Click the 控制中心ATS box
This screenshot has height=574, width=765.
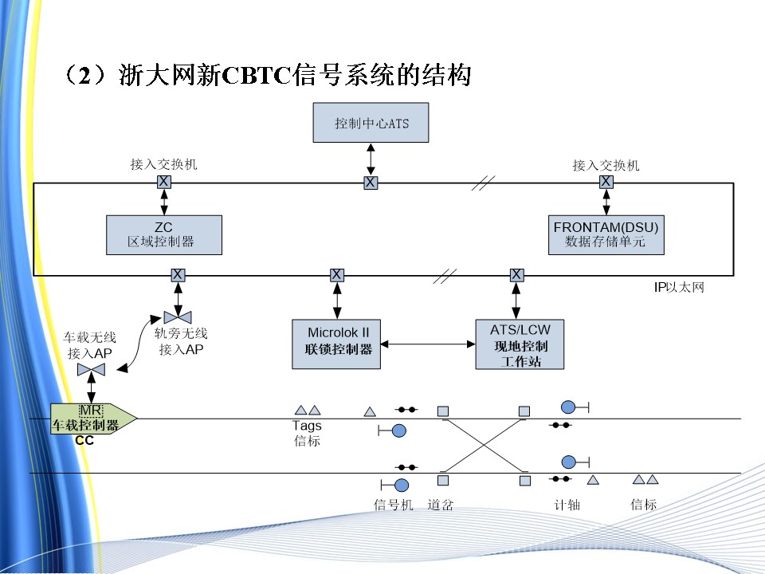click(371, 124)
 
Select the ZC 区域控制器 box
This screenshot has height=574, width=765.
click(163, 234)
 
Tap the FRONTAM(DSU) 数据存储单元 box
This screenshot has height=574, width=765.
click(606, 234)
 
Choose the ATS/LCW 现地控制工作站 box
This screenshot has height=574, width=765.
click(520, 344)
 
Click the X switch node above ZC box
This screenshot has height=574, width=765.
click(163, 182)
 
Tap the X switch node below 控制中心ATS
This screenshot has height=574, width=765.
click(371, 183)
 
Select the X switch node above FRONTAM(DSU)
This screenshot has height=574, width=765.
click(606, 182)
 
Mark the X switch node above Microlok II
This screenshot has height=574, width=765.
click(337, 275)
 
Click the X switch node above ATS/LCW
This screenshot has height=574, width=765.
click(517, 275)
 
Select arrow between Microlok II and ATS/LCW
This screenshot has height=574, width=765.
click(428, 344)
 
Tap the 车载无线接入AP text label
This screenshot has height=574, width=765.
click(90, 345)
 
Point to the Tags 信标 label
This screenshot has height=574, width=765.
click(307, 433)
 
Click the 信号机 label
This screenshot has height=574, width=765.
click(394, 505)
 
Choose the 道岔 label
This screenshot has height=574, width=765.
click(441, 505)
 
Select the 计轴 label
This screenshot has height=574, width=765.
click(567, 505)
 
